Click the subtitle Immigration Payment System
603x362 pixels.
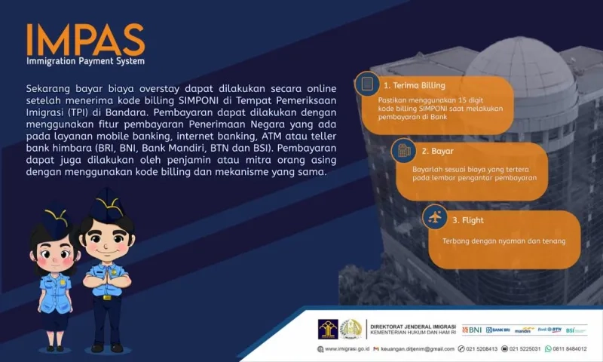click(x=85, y=61)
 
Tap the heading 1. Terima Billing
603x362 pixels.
click(x=414, y=86)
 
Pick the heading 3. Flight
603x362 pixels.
click(x=467, y=220)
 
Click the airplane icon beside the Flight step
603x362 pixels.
click(x=433, y=219)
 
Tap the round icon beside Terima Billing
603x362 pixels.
click(x=367, y=83)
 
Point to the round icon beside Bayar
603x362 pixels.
click(x=403, y=151)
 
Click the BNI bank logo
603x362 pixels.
click(x=472, y=330)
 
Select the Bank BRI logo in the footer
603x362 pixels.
click(x=498, y=330)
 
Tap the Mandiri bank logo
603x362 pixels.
click(x=525, y=330)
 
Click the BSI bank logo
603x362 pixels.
click(x=575, y=330)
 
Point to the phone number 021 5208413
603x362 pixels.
click(x=482, y=349)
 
